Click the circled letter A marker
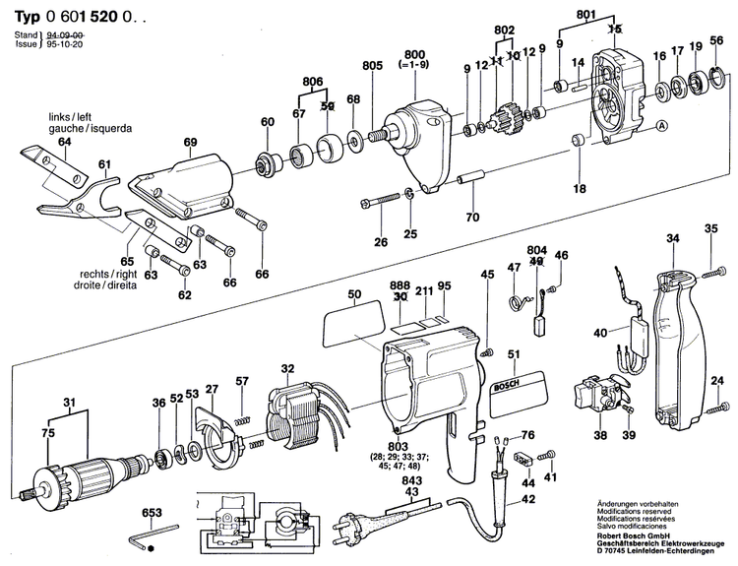pos(661,125)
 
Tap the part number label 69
pos(190,142)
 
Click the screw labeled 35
pos(711,257)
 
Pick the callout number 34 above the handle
pos(673,238)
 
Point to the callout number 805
pos(371,66)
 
